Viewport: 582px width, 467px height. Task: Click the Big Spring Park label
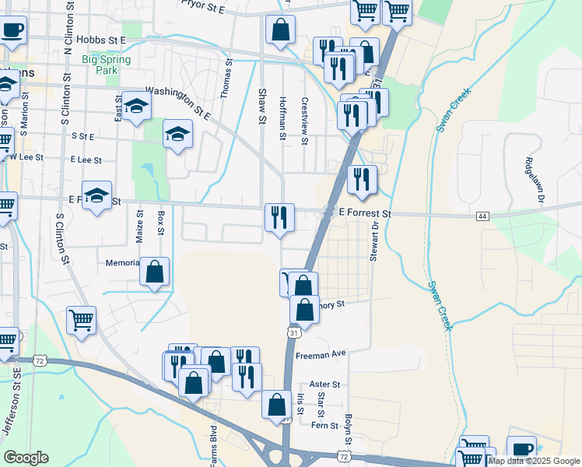click(x=100, y=63)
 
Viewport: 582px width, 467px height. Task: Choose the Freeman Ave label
click(x=320, y=354)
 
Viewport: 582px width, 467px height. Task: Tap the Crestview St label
click(x=305, y=119)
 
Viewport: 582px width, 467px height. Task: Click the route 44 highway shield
click(x=483, y=216)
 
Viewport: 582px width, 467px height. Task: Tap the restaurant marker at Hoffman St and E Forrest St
click(x=279, y=218)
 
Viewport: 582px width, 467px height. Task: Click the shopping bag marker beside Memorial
click(x=155, y=272)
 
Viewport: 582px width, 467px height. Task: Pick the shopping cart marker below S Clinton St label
click(x=81, y=320)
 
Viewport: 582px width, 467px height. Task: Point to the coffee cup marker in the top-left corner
click(x=11, y=30)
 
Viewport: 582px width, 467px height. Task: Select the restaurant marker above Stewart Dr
click(x=362, y=179)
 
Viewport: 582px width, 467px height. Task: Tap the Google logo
click(x=26, y=458)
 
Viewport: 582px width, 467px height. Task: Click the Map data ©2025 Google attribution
click(x=534, y=461)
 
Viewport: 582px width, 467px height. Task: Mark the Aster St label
click(x=325, y=384)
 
